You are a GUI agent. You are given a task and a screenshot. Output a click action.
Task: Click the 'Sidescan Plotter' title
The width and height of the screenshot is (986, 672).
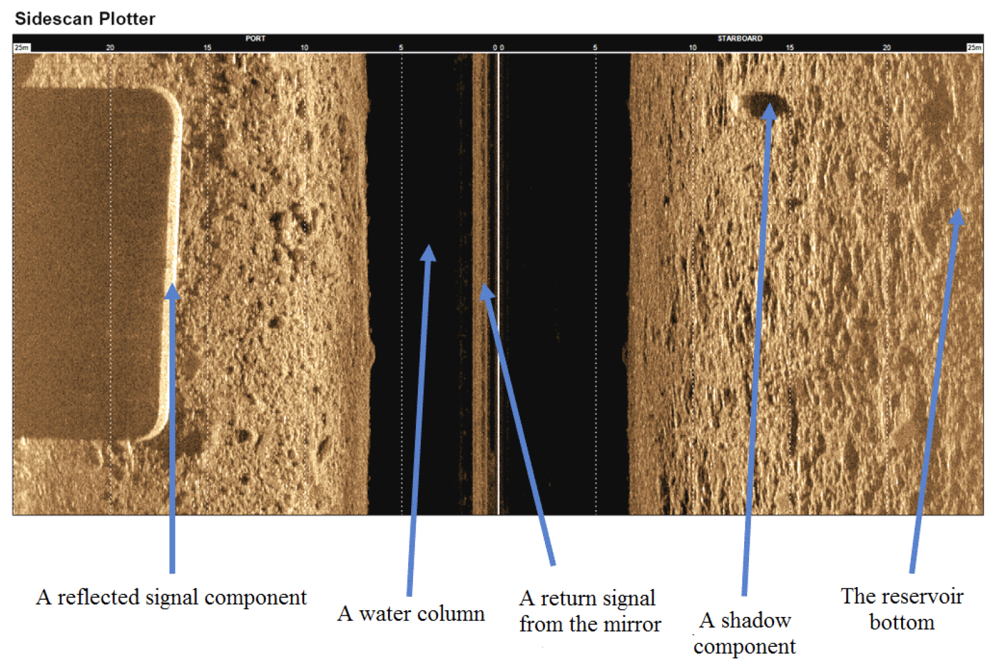[x=85, y=19]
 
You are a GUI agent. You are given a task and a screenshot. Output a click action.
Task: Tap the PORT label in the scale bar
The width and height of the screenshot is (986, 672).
[x=255, y=38]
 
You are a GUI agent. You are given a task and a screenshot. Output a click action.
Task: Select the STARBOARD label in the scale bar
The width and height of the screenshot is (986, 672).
[x=740, y=38]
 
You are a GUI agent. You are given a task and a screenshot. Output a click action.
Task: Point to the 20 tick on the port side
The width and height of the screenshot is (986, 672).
[x=110, y=47]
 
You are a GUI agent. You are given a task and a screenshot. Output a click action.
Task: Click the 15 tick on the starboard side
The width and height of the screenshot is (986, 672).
[x=790, y=47]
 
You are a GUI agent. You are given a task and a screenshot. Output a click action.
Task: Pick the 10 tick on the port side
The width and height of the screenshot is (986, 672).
[x=304, y=47]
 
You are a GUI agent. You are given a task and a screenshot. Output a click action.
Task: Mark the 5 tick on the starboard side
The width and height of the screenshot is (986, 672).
[x=595, y=47]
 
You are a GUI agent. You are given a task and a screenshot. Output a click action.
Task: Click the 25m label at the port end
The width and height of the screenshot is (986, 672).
[x=21, y=48]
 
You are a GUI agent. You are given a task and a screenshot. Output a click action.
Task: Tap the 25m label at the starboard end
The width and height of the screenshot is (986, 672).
[x=974, y=48]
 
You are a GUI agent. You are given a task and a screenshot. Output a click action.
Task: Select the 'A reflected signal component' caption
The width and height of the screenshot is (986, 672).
[x=171, y=597]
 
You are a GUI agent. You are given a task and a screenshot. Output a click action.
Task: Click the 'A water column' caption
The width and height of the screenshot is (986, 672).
[x=411, y=613]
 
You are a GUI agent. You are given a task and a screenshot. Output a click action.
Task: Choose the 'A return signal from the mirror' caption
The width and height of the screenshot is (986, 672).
[x=590, y=612]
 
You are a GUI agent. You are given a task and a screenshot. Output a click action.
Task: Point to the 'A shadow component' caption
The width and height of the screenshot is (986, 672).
[x=745, y=634]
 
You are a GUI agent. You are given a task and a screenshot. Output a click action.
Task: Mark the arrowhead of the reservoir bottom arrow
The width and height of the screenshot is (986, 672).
[x=956, y=216]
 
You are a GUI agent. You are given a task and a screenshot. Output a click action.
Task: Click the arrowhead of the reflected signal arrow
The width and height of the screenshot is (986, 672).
[x=172, y=291]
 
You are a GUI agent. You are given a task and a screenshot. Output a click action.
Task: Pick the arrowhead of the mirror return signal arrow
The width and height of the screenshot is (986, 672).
[x=486, y=291]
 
